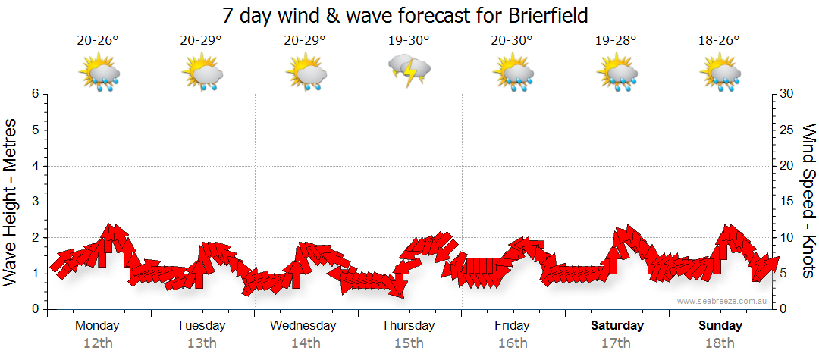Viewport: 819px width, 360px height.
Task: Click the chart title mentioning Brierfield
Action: (406, 15)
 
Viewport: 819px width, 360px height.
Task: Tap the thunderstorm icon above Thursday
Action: (409, 70)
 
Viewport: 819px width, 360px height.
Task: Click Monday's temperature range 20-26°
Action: (98, 40)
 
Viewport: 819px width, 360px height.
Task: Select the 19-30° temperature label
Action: (409, 40)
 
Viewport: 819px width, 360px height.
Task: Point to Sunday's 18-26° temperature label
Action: (719, 40)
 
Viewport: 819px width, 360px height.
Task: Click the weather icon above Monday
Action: (99, 74)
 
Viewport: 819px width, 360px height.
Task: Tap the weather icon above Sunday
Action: (720, 74)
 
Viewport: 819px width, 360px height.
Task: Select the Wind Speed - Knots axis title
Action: (808, 202)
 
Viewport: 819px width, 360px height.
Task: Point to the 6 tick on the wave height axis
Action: (35, 94)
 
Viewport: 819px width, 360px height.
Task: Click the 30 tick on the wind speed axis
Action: (786, 94)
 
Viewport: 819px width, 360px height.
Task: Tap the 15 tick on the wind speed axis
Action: (786, 202)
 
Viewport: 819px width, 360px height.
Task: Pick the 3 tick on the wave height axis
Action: (35, 202)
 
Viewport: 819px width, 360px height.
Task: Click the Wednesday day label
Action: (303, 326)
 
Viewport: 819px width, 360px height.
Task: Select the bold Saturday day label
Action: (617, 326)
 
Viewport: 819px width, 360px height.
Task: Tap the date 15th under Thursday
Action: (409, 343)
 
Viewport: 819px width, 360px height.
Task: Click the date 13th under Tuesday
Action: (201, 343)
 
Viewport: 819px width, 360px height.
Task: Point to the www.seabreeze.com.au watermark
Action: (723, 301)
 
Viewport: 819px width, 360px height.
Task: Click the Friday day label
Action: (513, 326)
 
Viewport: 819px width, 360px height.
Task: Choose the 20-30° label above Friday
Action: (512, 40)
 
